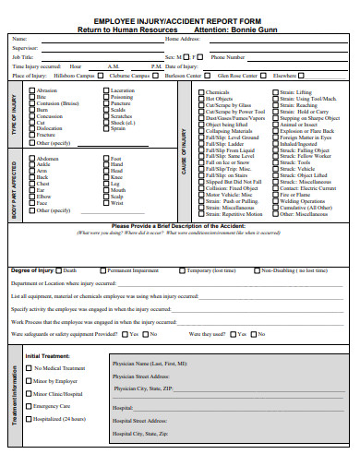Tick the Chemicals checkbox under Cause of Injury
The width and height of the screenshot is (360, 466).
pos(201,92)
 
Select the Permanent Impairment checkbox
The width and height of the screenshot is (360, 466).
pos(103,270)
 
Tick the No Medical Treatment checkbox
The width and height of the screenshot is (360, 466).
pos(29,367)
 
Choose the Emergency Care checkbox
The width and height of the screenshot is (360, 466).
pos(29,406)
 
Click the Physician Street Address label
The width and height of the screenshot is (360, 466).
pos(140,376)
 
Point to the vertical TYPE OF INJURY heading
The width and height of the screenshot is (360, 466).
pos(14,115)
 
